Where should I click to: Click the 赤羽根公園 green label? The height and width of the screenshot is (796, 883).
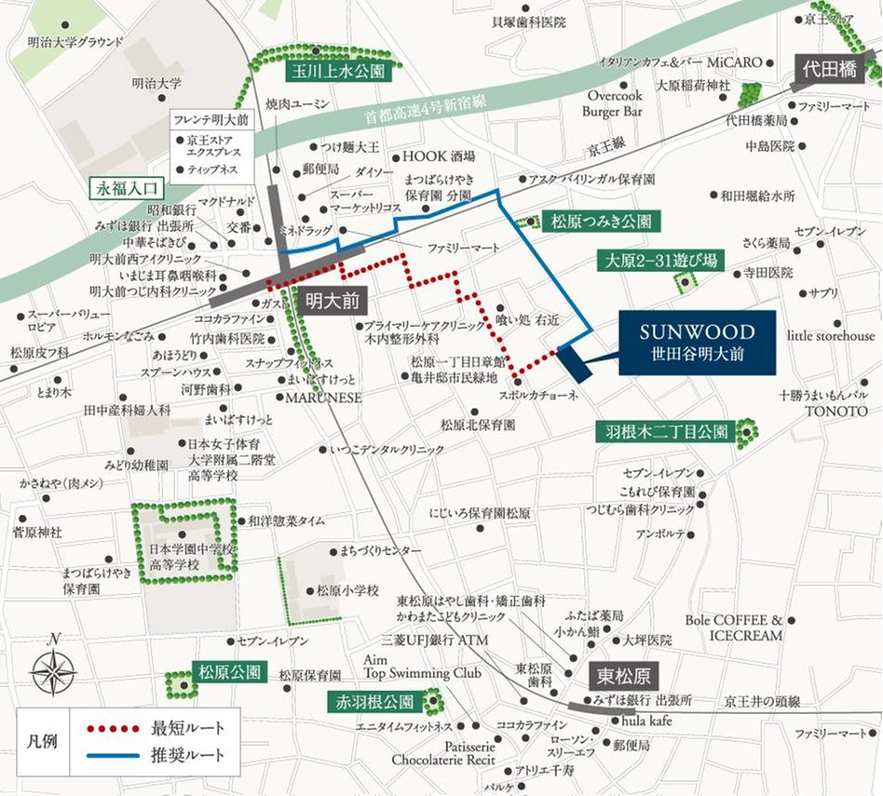372,701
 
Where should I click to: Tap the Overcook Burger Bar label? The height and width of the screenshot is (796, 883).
614,103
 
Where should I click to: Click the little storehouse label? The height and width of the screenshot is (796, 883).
832,335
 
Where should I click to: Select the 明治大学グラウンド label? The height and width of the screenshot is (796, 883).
75,42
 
